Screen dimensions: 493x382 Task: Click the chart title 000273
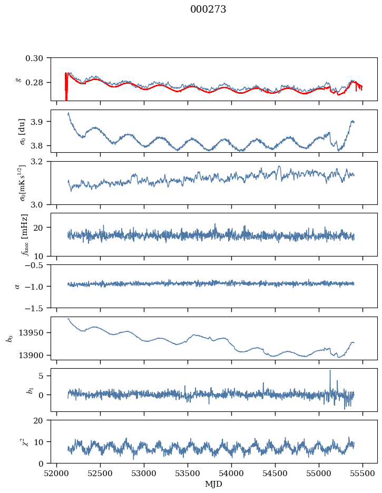coord(208,9)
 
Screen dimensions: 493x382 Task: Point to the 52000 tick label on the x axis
coord(57,474)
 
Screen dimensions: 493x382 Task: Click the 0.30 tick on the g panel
coord(37,57)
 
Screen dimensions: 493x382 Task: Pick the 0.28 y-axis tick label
coord(37,83)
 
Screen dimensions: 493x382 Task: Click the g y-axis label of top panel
coord(19,79)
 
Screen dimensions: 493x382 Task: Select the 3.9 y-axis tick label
coord(40,122)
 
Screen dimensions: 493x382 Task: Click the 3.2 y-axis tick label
coord(40,161)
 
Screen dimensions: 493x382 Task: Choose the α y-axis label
coord(17,286)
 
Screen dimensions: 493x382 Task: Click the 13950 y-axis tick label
coord(33,333)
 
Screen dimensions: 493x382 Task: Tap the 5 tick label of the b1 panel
coord(44,376)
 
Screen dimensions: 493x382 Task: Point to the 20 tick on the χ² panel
coord(42,420)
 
